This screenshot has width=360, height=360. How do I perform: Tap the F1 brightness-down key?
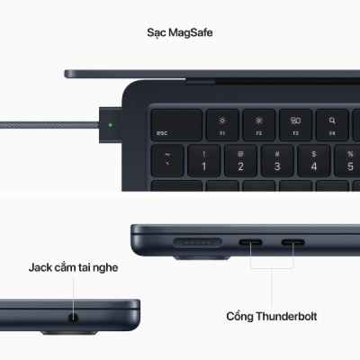pos(223,124)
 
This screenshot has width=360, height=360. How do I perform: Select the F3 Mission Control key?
pos(294,124)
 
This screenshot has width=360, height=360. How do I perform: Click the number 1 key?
pos(204,161)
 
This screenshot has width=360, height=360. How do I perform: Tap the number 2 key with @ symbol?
pos(240,161)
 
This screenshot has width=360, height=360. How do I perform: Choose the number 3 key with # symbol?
pos(276,161)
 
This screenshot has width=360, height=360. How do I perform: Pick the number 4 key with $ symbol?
pos(312,161)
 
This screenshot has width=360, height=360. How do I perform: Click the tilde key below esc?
pos(168,161)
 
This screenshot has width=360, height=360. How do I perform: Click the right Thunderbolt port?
pos(294,240)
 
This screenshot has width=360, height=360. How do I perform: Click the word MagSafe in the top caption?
pos(193,32)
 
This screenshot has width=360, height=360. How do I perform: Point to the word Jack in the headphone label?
pos(43,267)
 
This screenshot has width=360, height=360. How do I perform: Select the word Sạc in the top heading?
pos(157,32)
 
